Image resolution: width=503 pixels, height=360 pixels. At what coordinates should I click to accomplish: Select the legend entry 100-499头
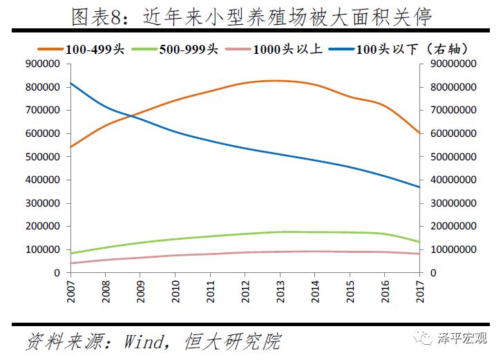tap(90, 48)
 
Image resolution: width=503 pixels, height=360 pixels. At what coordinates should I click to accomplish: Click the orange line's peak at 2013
tap(280, 81)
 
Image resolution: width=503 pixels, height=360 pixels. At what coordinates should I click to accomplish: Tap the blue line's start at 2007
tap(71, 84)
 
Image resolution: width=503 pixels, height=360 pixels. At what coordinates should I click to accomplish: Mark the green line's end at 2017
tap(419, 242)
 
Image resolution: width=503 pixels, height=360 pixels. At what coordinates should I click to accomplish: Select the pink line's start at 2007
tap(71, 263)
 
